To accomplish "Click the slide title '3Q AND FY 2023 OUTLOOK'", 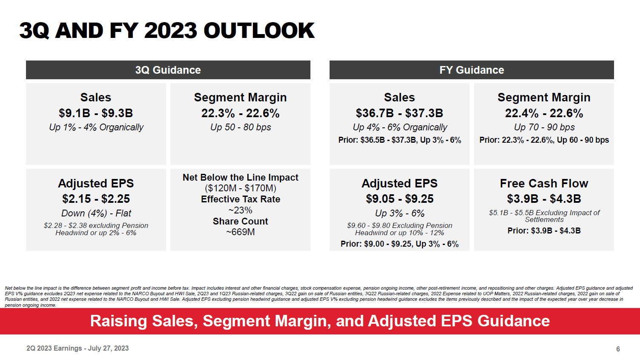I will coord(167,31).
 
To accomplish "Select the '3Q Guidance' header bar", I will coord(168,70).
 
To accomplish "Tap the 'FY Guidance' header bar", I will coord(471,70).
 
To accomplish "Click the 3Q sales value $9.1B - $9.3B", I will coord(96,113).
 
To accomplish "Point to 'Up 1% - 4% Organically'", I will coord(96,127).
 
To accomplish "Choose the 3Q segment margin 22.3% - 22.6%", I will coord(240,113).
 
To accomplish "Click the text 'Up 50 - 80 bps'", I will coord(240,127).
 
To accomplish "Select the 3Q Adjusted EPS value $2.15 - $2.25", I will coord(96,199).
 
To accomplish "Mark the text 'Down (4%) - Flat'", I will coord(96,213).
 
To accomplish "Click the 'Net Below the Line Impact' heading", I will coord(240,177).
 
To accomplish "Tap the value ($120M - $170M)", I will coord(240,188).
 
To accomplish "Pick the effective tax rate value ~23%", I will coord(240,210).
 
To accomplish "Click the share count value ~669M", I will coord(240,232).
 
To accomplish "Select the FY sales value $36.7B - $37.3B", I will coord(399,113).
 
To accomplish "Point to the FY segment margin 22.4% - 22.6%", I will coord(544,113).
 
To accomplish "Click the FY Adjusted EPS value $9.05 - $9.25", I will coord(399,199).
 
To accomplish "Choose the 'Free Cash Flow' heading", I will coord(544,183).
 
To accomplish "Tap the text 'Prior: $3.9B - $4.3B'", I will coord(544,230).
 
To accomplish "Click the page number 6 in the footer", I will coord(618,349).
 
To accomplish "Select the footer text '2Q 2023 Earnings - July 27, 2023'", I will coord(77,348).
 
